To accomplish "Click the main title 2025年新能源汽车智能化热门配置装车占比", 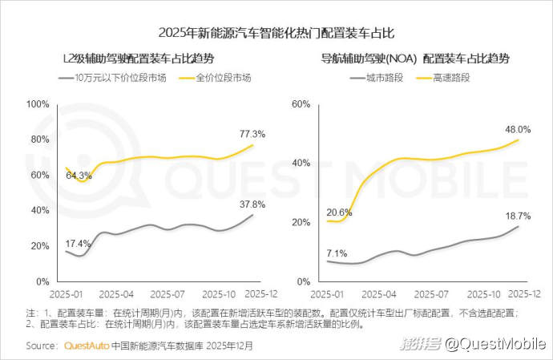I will point(276,33).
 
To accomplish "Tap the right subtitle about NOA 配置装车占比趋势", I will point(415,59).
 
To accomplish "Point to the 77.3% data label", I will point(252,133).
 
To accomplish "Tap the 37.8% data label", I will point(252,203).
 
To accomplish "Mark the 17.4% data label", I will point(78,243).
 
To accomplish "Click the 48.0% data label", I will point(518,129).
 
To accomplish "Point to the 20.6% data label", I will point(340,212).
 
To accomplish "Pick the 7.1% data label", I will point(337,253).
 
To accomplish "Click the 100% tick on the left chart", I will point(38,104).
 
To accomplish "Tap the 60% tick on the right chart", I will point(301,104).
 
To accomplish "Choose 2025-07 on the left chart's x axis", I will point(168,294).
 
